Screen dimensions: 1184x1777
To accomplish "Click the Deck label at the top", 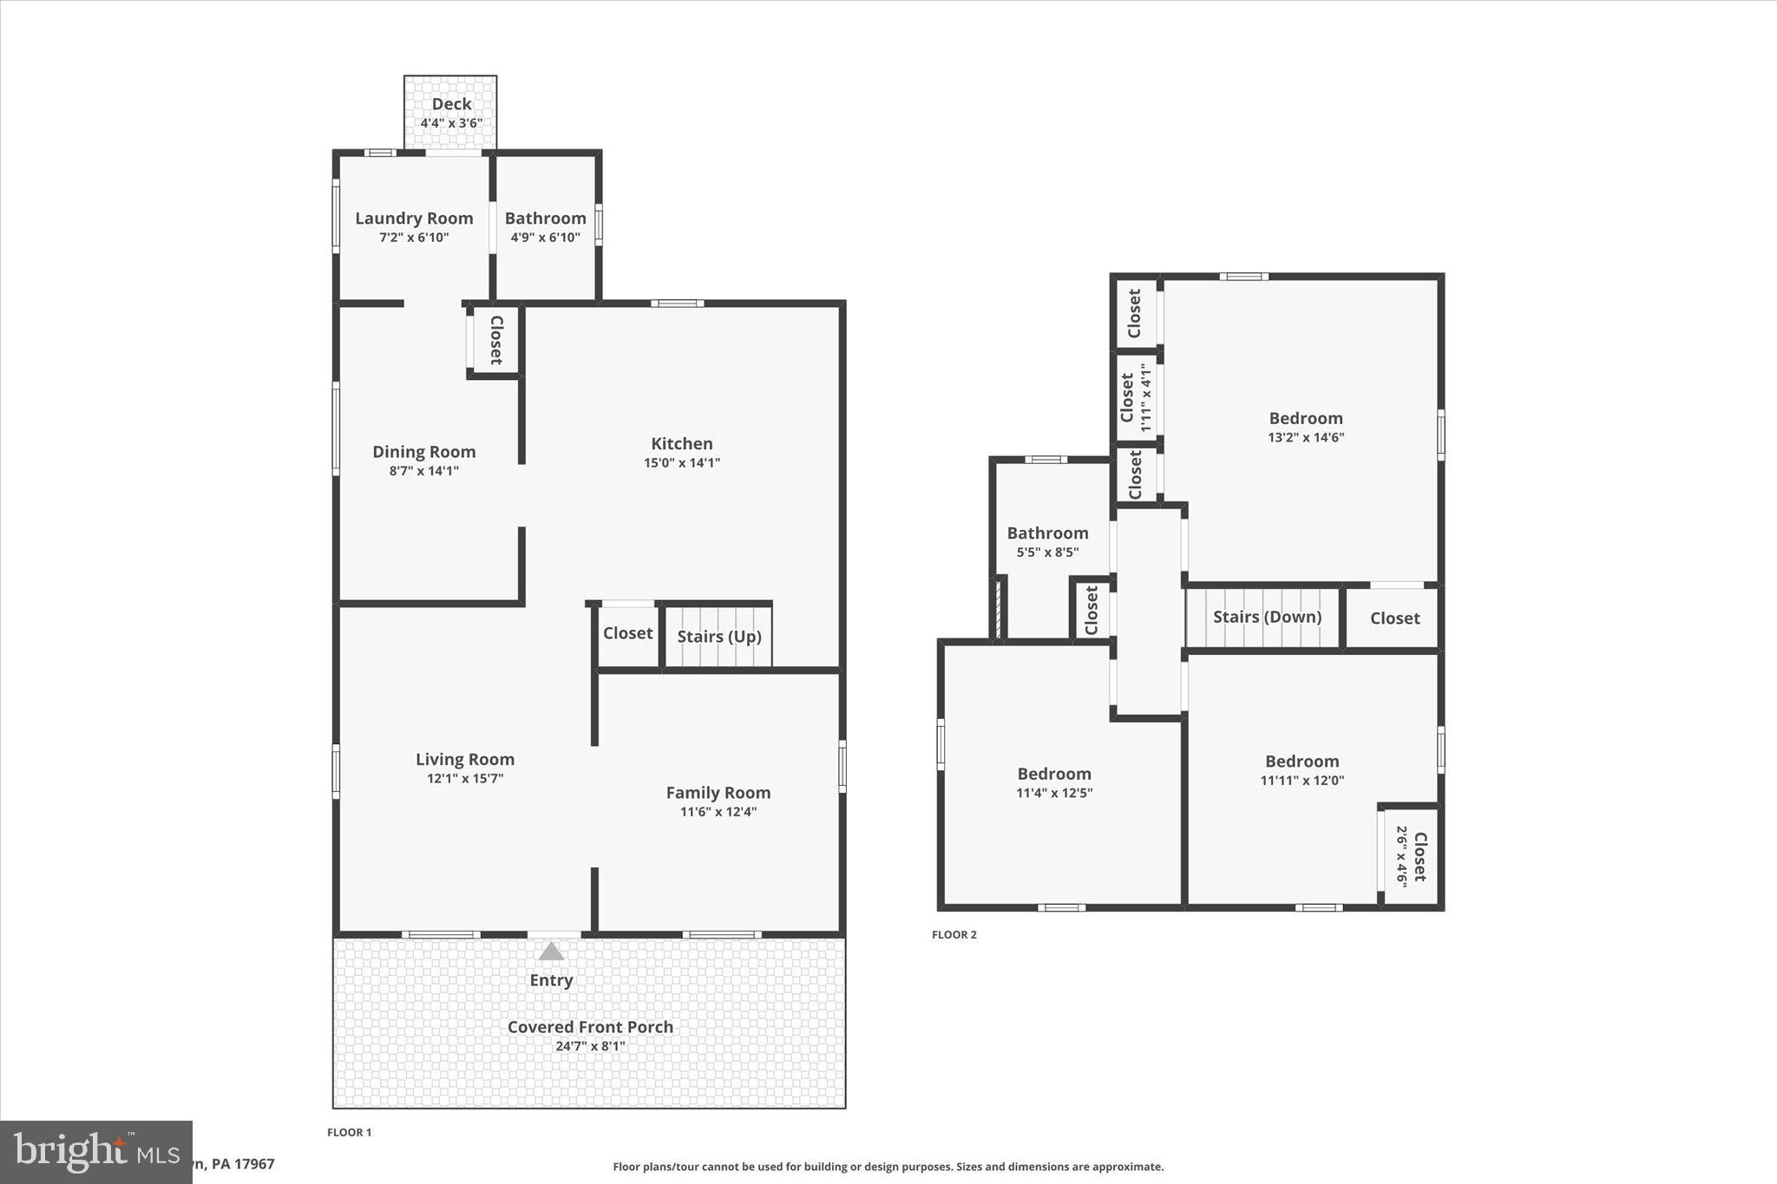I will (451, 104).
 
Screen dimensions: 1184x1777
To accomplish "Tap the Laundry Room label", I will (414, 219).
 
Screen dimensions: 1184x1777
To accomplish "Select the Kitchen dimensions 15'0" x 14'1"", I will (681, 463).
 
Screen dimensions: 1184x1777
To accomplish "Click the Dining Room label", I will (423, 452).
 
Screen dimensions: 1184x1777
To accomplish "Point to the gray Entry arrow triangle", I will (551, 952).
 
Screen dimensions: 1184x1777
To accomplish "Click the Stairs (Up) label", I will (718, 637).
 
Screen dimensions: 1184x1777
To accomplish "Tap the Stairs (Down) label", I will (1267, 617).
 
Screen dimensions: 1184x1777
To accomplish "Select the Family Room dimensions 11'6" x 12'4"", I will (718, 812).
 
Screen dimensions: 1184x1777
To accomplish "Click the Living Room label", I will (464, 760).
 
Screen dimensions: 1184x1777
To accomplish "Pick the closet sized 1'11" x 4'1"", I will (1135, 397).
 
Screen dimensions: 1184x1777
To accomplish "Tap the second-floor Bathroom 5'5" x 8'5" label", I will (1047, 533).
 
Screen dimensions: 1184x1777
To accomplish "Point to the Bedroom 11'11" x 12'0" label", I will (1302, 762).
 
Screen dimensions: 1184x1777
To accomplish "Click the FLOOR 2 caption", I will (954, 934).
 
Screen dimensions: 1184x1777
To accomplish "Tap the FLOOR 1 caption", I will (349, 1132).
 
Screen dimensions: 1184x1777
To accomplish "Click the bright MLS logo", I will (95, 1152).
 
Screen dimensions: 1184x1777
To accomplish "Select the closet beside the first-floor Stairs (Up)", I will (627, 633).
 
